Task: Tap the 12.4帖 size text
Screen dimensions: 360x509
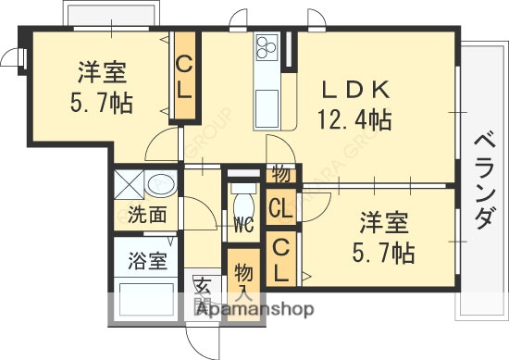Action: [x=356, y=119]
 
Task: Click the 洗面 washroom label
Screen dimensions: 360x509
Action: [x=147, y=216]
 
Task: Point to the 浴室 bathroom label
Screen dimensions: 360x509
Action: [x=147, y=260]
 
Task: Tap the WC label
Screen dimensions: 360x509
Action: [x=243, y=223]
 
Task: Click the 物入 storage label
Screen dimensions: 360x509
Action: [x=242, y=278]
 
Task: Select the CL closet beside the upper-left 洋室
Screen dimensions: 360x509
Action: [x=184, y=78]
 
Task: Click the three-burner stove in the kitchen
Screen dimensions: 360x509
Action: [x=267, y=47]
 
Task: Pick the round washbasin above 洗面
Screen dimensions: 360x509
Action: [x=160, y=183]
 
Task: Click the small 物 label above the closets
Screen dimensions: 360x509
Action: [x=280, y=174]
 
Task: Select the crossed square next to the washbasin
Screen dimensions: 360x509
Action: [x=128, y=183]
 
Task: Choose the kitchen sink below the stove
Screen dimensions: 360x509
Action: [x=267, y=100]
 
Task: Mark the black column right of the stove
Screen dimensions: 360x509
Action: [x=290, y=51]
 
